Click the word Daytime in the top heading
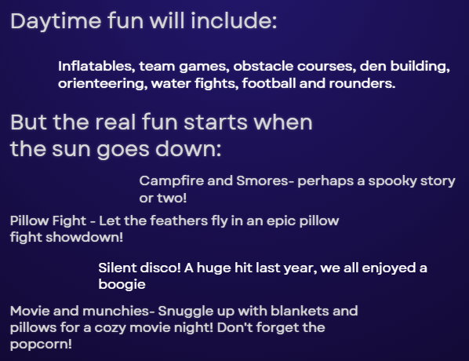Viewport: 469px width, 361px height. tap(56, 22)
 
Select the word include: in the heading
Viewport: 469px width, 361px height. tap(234, 20)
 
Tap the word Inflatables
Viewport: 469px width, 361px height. tap(96, 66)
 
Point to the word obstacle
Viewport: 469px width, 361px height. tap(264, 66)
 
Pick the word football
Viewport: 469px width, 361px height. tap(269, 83)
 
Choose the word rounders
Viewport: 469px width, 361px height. tap(362, 83)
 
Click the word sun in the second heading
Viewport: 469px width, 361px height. tap(71, 149)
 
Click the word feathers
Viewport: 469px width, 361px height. tap(179, 221)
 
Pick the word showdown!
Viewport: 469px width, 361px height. tap(85, 237)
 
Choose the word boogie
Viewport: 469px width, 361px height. tap(122, 285)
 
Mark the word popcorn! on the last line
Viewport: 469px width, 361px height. tap(41, 345)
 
